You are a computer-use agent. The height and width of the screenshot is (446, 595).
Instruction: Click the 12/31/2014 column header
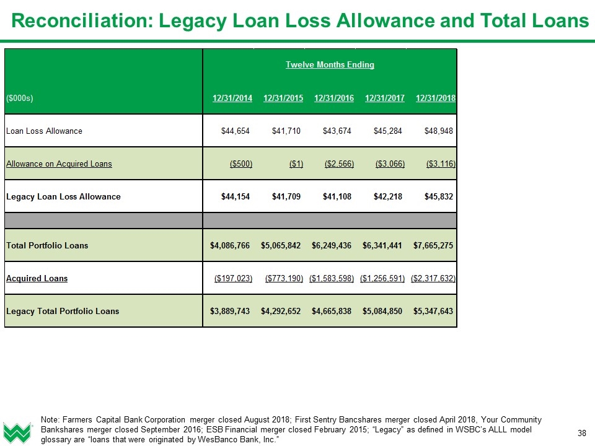[232, 98]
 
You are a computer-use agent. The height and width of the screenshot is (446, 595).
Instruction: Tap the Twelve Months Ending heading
[330, 64]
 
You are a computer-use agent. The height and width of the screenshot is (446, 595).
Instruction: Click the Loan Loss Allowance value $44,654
[236, 131]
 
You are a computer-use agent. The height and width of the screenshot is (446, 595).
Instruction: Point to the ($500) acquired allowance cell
[241, 164]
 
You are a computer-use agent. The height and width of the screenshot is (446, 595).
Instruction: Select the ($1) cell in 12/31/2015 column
[296, 164]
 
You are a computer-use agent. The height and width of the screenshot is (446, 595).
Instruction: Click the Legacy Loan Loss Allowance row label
[63, 196]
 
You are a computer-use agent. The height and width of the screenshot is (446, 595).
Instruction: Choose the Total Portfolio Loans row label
[47, 245]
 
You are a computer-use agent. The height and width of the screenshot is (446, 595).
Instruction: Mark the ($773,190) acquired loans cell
[284, 278]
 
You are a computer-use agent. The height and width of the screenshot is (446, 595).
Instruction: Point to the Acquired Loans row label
[37, 278]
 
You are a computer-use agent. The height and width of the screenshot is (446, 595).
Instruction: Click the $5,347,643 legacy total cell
[433, 310]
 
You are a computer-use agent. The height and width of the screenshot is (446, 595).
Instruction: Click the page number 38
[581, 432]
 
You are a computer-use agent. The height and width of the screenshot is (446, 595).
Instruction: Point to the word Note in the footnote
[49, 419]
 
